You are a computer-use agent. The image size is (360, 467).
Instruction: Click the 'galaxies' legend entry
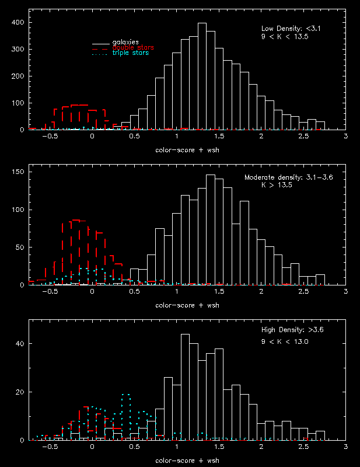[125, 42]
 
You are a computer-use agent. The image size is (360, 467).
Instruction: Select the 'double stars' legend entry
[129, 47]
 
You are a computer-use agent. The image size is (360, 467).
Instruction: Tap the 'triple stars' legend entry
[130, 53]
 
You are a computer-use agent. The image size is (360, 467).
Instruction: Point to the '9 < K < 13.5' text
[284, 36]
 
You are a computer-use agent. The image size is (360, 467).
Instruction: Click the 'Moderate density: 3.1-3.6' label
[283, 177]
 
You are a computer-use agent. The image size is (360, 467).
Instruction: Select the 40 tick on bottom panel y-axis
[20, 344]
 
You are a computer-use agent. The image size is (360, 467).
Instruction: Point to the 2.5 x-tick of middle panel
[303, 291]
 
